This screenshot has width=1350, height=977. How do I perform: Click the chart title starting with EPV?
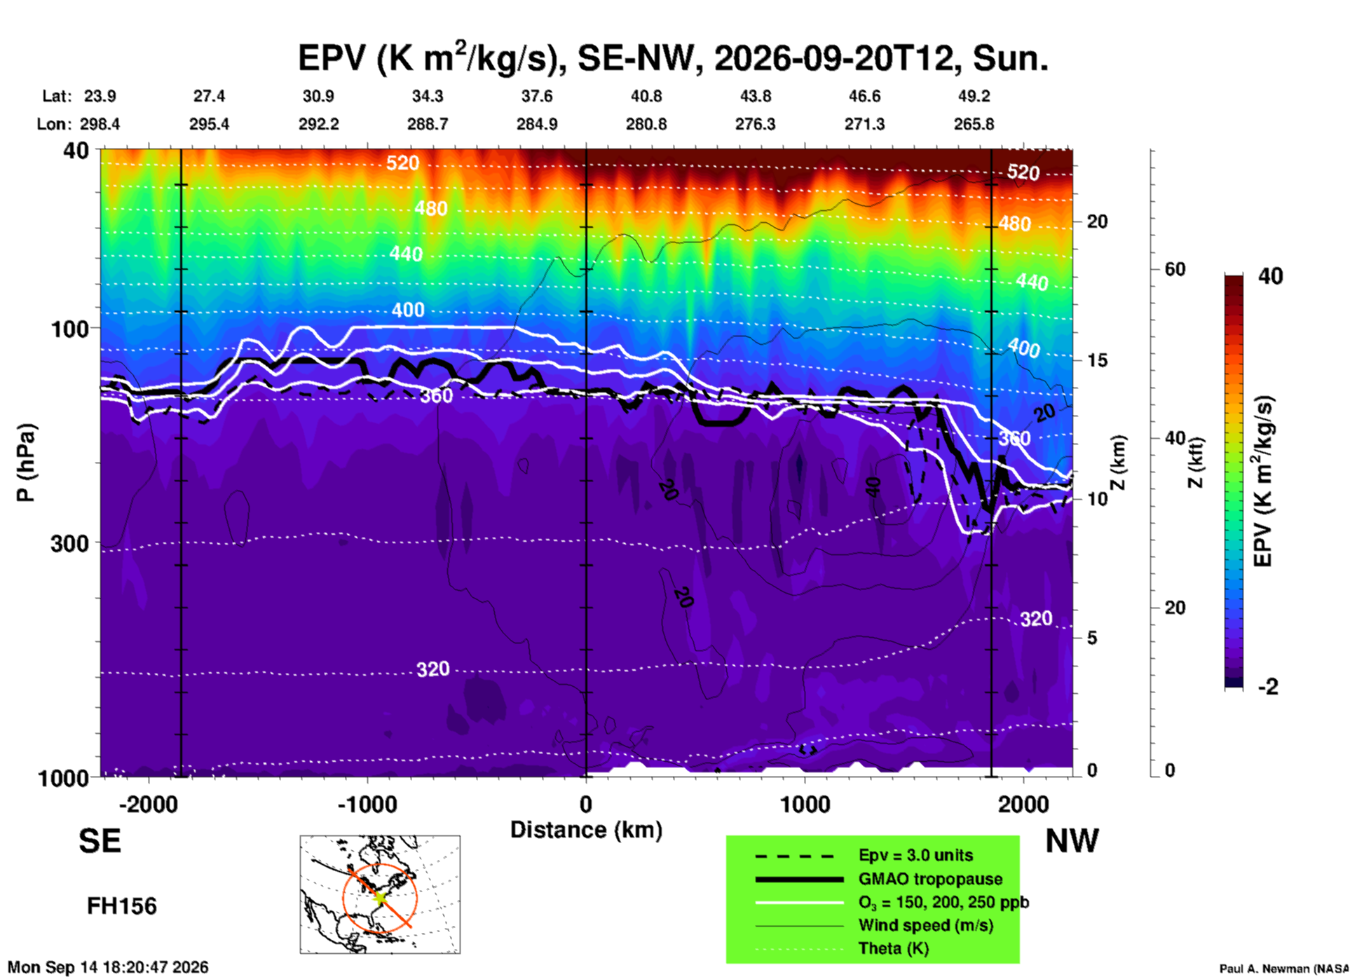point(673,57)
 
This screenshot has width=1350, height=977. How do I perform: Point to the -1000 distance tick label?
point(367,805)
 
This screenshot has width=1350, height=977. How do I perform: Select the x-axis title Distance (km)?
point(586,830)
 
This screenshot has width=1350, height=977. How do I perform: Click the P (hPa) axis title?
point(25,463)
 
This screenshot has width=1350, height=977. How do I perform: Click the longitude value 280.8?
point(646,124)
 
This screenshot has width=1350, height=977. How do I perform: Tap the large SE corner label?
point(100,840)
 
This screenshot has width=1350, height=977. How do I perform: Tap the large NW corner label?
point(1072,840)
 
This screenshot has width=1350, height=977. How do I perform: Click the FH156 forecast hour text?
point(122,906)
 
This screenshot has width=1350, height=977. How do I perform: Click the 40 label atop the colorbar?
point(1270,276)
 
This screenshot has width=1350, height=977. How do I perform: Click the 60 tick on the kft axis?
point(1175,269)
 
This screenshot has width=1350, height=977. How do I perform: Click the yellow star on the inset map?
point(380,896)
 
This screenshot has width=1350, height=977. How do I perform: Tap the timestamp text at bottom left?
point(108,967)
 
